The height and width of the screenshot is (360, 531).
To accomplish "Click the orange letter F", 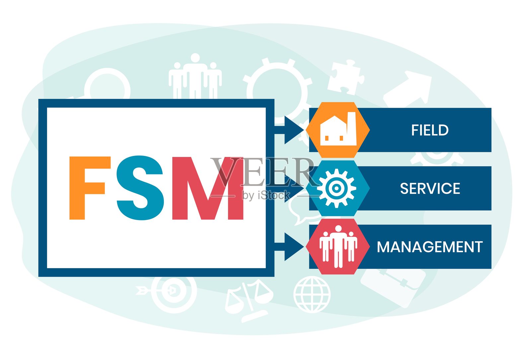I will [x=87, y=187].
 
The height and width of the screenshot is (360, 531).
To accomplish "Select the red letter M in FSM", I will [x=208, y=188].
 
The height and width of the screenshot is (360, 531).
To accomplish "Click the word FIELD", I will [x=430, y=130].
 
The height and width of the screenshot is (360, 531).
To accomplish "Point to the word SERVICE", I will [x=430, y=188].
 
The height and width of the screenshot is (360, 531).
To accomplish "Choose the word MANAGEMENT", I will [x=430, y=247].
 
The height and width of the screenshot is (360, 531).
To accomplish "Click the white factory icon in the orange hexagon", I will [x=338, y=130].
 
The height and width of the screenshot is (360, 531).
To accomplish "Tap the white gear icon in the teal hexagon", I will [x=336, y=188].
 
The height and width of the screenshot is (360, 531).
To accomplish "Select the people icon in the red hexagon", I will [x=338, y=247].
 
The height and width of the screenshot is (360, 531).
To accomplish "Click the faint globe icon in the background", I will [x=312, y=295].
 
